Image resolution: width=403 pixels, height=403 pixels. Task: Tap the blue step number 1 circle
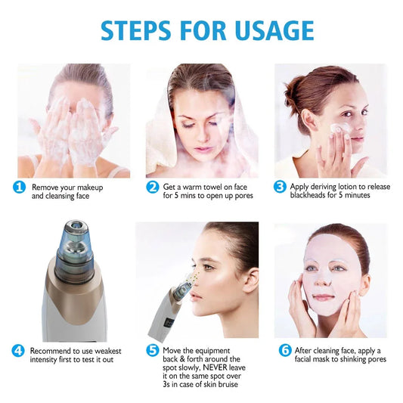pyautogui.click(x=19, y=187)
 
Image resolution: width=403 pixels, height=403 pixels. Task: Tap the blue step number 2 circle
pyautogui.click(x=153, y=187)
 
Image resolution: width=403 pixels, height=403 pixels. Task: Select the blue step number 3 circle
pyautogui.click(x=280, y=187)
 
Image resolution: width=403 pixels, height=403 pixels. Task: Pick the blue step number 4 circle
pyautogui.click(x=19, y=351)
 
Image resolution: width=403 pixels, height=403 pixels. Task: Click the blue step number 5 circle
pyautogui.click(x=153, y=351)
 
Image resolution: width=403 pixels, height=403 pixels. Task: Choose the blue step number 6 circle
pyautogui.click(x=285, y=351)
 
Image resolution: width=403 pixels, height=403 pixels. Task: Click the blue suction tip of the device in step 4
pyautogui.click(x=76, y=234)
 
